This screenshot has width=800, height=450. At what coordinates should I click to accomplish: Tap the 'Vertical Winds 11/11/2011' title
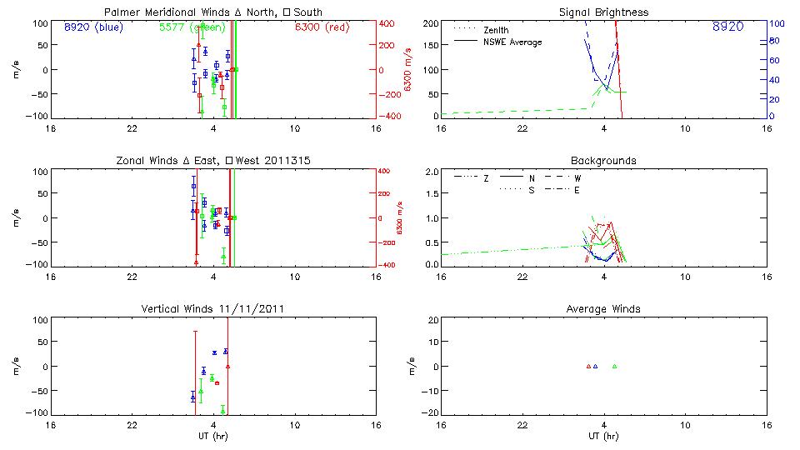pos(213,309)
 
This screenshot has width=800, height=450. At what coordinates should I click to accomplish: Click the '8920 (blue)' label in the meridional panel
pos(92,27)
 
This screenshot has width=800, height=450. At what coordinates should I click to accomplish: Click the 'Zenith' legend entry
pos(495,29)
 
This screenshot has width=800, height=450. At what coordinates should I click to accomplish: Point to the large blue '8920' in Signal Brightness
pos(727,27)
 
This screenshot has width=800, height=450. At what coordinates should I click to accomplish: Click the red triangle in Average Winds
pos(588,366)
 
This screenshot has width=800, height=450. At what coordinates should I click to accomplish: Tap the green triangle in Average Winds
pos(614,366)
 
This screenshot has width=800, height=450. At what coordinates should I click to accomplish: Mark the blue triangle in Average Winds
pos(595,366)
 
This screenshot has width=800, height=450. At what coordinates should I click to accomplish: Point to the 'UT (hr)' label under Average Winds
pos(603,437)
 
